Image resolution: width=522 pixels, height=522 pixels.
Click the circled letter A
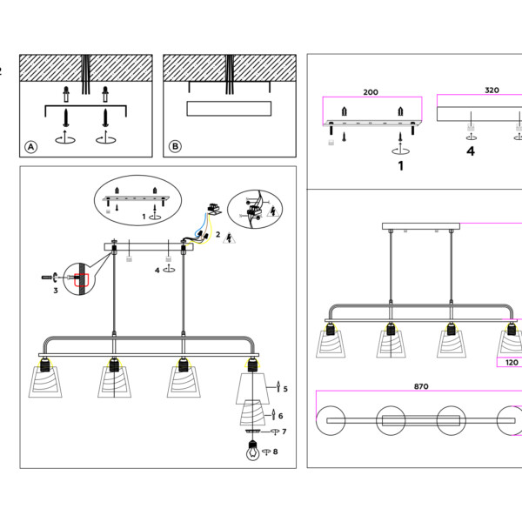31,147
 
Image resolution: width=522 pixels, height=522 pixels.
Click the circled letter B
175,147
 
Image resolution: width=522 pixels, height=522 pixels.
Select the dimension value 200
371,91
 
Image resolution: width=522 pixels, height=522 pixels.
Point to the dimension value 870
421,385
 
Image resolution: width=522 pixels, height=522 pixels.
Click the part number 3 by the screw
55,290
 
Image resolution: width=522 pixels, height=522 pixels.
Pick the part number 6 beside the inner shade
280,416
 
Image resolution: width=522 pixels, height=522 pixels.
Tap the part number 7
284,432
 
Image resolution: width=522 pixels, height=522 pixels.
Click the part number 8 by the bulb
276,452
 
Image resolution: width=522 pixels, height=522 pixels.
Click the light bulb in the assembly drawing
252,452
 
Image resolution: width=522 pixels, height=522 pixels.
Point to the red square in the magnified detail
83,279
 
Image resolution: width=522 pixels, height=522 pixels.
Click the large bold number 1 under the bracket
401,164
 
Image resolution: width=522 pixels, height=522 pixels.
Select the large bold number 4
471,151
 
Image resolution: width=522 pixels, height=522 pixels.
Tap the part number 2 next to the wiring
217,235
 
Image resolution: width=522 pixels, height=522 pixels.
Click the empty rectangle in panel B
229,109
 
